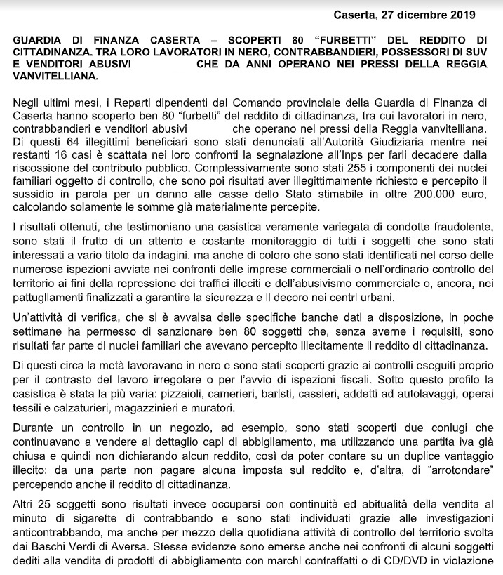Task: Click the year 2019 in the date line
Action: pos(462,14)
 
